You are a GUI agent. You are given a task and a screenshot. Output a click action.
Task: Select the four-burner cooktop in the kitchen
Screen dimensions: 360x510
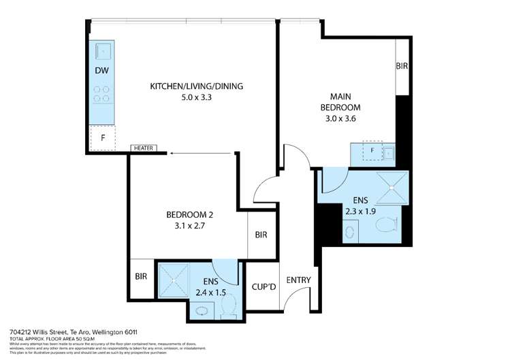103,93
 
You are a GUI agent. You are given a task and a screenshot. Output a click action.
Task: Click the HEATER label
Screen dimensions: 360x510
144,148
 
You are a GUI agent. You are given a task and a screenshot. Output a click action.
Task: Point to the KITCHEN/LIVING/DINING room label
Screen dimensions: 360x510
197,86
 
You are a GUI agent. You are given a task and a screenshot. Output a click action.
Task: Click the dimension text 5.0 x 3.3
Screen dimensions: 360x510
197,97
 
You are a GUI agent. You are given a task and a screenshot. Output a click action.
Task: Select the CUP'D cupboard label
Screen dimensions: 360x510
263,287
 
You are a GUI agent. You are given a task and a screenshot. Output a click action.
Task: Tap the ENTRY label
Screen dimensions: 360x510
298,280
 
